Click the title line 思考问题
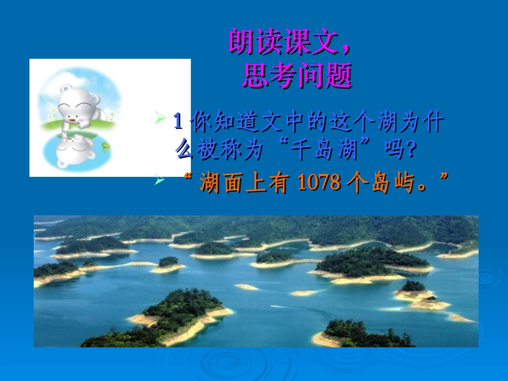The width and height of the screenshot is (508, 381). tap(297, 75)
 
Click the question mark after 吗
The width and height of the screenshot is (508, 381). tap(411, 151)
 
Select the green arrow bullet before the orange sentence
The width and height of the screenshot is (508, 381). tap(159, 180)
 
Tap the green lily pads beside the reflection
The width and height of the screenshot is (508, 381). tap(105, 146)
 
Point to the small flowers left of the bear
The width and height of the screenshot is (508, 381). tap(52, 114)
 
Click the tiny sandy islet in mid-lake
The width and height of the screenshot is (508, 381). tap(247, 287)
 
